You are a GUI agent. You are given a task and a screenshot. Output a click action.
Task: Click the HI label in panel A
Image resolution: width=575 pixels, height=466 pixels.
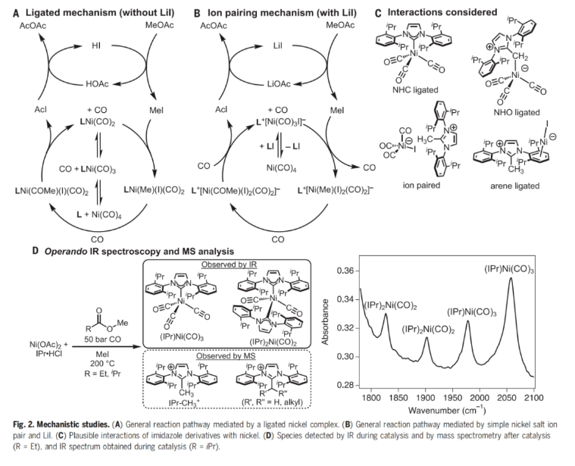click(97, 45)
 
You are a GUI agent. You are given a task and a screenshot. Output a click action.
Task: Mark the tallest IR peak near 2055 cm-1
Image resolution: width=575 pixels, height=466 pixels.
click(511, 280)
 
